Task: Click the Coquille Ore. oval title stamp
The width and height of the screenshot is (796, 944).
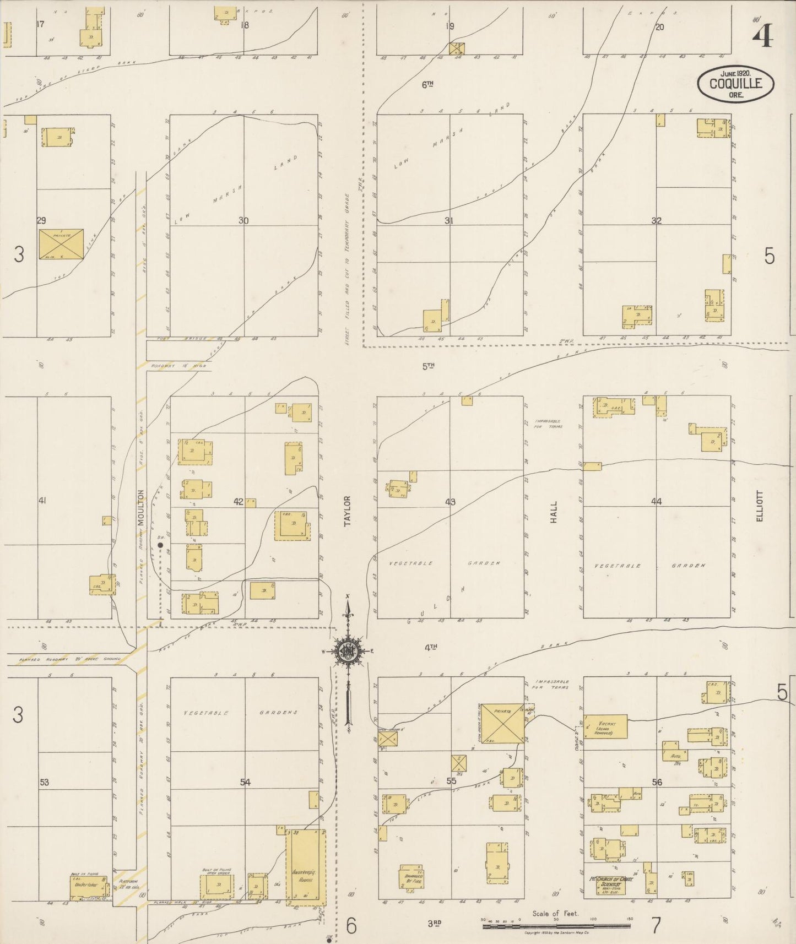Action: [735, 84]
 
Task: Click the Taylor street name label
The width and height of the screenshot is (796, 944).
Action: [347, 511]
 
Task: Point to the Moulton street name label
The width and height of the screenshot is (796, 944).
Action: [140, 507]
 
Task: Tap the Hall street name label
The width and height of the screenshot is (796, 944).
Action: [554, 512]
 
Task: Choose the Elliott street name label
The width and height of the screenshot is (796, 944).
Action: [760, 506]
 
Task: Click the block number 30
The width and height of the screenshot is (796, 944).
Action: [243, 220]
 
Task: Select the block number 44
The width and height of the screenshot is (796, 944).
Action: [656, 501]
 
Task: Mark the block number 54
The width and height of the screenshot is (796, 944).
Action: [245, 782]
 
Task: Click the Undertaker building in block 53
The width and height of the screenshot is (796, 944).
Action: [85, 886]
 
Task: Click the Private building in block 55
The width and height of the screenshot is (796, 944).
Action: [502, 723]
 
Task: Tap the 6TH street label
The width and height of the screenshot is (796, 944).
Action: [428, 84]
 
